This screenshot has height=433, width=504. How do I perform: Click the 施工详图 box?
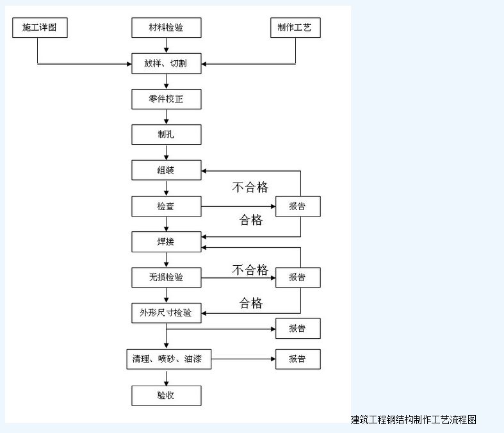tap(40, 28)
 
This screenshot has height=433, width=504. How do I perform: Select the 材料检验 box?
tap(167, 28)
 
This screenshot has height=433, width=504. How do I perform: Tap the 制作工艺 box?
tap(295, 28)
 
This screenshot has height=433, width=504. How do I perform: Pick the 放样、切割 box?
tap(167, 63)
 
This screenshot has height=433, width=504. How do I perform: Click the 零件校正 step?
tap(167, 99)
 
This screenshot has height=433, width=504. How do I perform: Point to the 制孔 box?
tap(167, 135)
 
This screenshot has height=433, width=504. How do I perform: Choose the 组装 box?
tap(167, 170)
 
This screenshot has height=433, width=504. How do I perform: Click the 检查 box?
tap(167, 206)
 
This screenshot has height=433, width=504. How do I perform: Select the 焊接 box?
tap(167, 241)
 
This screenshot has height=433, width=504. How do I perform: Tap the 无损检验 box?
tap(167, 277)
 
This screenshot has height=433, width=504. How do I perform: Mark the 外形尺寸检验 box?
tap(167, 313)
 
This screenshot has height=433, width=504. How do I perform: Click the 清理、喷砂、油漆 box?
tap(168, 359)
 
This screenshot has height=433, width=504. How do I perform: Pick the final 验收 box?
tap(167, 395)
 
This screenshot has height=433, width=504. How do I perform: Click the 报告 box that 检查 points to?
tap(298, 206)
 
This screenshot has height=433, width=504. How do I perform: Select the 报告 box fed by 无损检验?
tap(298, 277)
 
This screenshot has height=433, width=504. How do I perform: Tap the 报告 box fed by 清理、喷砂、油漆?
tap(298, 359)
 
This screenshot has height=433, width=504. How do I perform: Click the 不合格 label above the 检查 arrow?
tap(250, 187)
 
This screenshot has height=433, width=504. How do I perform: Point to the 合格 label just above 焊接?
tap(251, 220)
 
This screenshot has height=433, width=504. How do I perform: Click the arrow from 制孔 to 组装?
tap(167, 152)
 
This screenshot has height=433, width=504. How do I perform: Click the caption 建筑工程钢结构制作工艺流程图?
tap(414, 420)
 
